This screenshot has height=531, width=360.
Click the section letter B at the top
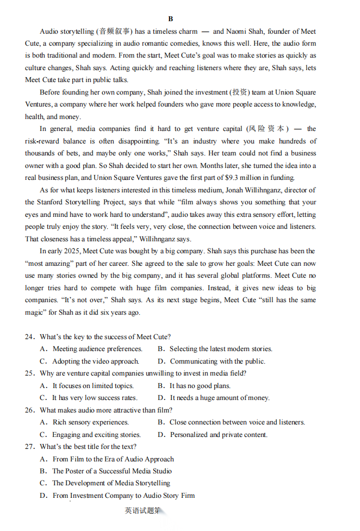(171, 19)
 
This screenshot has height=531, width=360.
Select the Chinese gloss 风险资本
(266, 129)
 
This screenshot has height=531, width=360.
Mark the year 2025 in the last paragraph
(70, 251)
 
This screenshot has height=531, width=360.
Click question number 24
(29, 337)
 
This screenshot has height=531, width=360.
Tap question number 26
(29, 410)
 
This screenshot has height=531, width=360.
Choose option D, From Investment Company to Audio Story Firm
(123, 495)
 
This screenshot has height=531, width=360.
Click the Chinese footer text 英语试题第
(143, 510)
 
